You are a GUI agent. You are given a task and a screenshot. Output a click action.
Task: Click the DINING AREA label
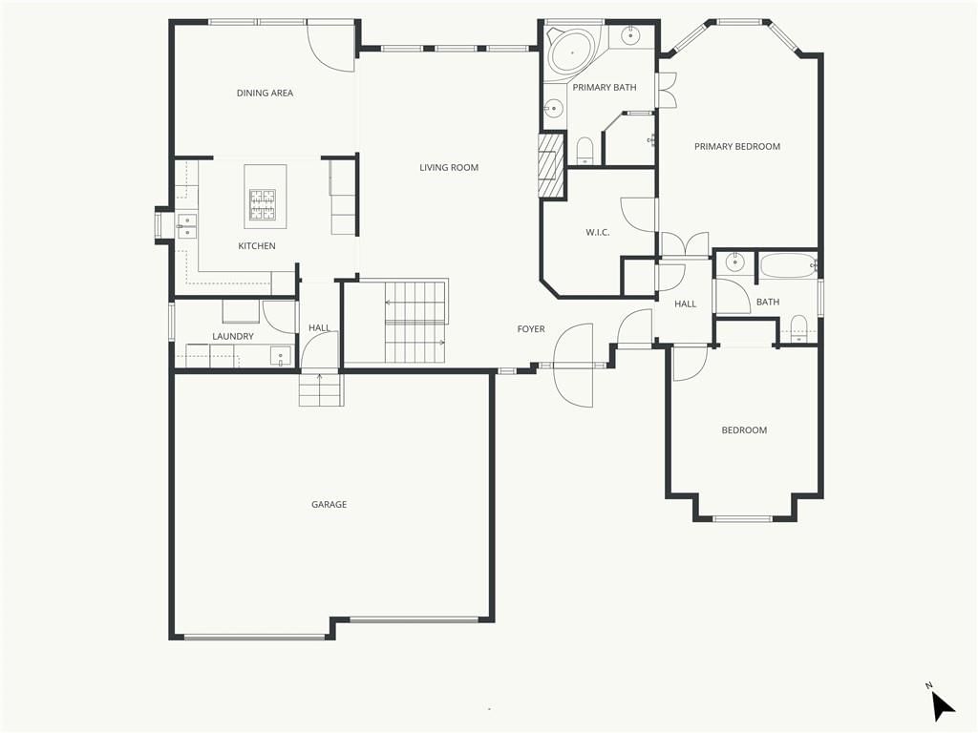(x=265, y=93)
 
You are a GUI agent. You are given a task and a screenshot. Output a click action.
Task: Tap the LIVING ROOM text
(x=449, y=167)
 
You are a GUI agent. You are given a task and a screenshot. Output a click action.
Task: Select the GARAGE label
(x=329, y=504)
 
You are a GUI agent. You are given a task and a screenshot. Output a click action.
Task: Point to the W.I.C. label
(x=597, y=233)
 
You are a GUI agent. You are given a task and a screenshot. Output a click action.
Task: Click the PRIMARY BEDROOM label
(x=737, y=146)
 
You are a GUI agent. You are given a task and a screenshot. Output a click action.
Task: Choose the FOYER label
(x=531, y=329)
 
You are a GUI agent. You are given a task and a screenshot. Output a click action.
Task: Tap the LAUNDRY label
(x=233, y=337)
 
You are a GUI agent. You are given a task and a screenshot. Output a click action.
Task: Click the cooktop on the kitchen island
(x=263, y=205)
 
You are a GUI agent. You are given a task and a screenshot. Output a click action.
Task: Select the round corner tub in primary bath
(x=572, y=52)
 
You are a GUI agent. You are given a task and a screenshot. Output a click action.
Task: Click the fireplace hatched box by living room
(x=547, y=165)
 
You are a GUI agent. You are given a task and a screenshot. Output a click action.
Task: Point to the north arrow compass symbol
(x=942, y=705)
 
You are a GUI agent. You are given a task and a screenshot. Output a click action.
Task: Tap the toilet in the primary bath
(x=585, y=150)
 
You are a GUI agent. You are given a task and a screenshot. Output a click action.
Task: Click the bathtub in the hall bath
(x=788, y=266)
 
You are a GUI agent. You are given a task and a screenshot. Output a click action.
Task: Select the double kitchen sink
(x=186, y=226)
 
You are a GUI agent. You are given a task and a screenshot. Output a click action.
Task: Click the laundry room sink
(x=281, y=356)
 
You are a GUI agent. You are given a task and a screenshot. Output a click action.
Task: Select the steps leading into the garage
(x=321, y=389)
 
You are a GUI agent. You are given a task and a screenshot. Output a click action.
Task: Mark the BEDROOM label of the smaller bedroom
(x=744, y=430)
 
